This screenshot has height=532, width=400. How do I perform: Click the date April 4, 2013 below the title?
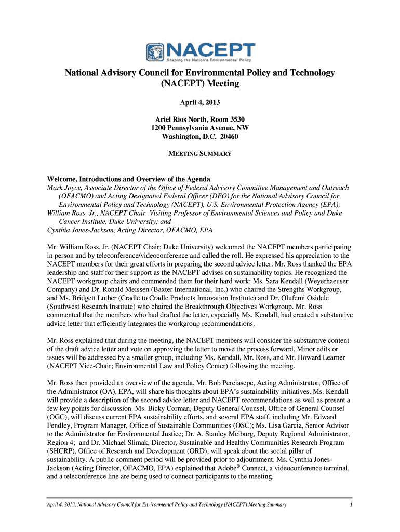[200, 102]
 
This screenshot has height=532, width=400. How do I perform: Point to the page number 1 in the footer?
[351, 504]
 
